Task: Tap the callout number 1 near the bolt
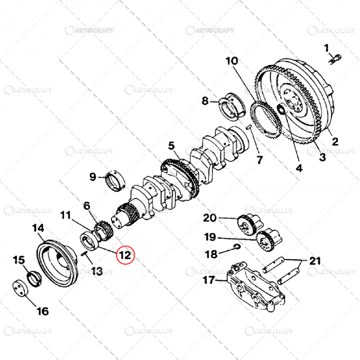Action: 326,48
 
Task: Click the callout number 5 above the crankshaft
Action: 171,147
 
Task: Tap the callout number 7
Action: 260,160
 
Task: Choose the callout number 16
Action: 43,311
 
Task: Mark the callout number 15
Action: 19,260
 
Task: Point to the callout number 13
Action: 97,271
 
